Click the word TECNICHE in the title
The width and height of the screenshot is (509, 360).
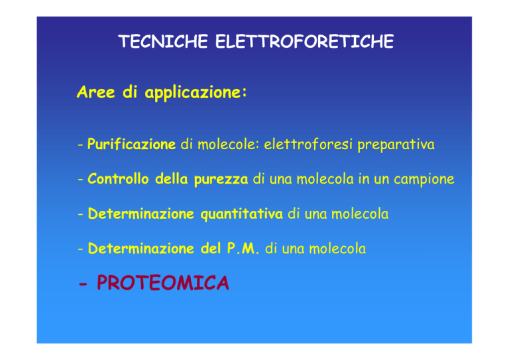coord(163,42)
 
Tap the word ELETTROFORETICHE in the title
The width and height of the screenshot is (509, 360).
coord(304,42)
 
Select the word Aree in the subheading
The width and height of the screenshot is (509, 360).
coord(95,92)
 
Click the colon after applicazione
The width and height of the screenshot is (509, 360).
coord(245,93)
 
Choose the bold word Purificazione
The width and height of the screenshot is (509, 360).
coord(131,145)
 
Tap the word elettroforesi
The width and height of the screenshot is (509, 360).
coord(308,145)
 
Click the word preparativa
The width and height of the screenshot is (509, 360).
coord(396,145)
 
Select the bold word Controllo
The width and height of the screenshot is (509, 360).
coord(118,179)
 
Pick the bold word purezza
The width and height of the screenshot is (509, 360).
coord(221,180)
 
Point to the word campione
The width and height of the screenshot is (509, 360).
coord(424,180)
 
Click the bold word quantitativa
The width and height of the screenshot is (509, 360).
coord(241,215)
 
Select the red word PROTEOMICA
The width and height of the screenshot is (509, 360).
coord(163,282)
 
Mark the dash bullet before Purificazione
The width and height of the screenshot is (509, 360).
coord(80,144)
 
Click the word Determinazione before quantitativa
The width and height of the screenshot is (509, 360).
coord(141,213)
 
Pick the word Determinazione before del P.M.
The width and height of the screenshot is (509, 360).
coord(141,249)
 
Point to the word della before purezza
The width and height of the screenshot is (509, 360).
coord(172,179)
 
